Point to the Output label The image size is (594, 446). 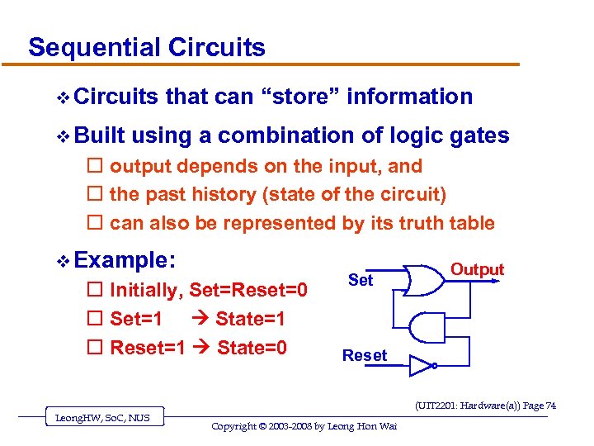coord(477,269)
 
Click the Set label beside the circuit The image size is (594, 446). coord(361,280)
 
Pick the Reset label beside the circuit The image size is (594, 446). coord(364,355)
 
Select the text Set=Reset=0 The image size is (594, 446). coord(248,290)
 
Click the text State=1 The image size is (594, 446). coord(251,318)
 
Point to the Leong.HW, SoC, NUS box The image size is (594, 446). coord(103,418)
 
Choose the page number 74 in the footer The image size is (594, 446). coord(549,405)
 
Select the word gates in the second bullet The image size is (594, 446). coord(480,135)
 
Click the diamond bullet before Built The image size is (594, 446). coord(63,136)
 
